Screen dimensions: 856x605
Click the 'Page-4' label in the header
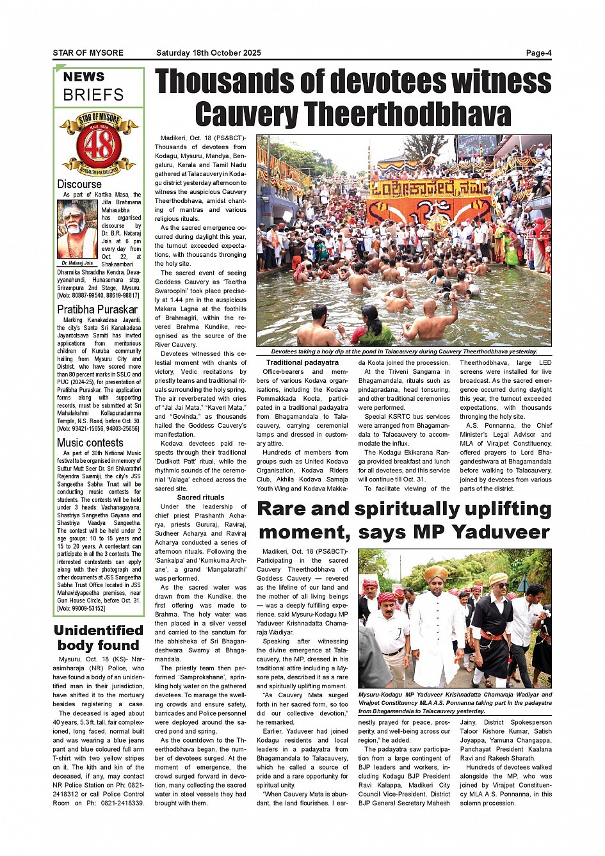click(x=538, y=53)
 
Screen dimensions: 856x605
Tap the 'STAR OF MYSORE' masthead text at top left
click(x=88, y=53)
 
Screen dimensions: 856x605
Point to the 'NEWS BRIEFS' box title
click(x=93, y=86)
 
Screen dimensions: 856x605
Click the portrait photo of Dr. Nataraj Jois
click(x=77, y=229)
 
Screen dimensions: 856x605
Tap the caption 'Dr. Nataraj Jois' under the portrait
click(x=77, y=263)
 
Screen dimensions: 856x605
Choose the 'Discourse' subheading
click(x=79, y=184)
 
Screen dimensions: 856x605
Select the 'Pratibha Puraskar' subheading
click(x=97, y=309)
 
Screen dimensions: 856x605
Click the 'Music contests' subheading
click(x=90, y=442)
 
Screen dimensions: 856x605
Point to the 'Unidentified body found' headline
click(x=98, y=638)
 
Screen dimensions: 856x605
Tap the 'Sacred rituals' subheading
click(x=200, y=497)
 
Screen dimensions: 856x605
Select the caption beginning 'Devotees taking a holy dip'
click(x=403, y=351)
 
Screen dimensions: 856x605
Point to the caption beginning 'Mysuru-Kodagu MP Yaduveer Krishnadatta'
click(x=455, y=702)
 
